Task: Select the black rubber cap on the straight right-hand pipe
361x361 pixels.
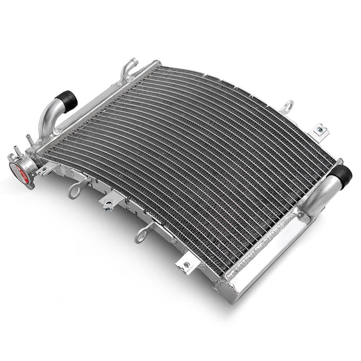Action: (341, 175)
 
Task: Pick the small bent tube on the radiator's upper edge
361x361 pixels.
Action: (129, 67)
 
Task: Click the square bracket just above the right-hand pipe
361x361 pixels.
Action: (321, 130)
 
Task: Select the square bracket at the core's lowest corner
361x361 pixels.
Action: (185, 263)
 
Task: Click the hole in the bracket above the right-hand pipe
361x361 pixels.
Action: (320, 130)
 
